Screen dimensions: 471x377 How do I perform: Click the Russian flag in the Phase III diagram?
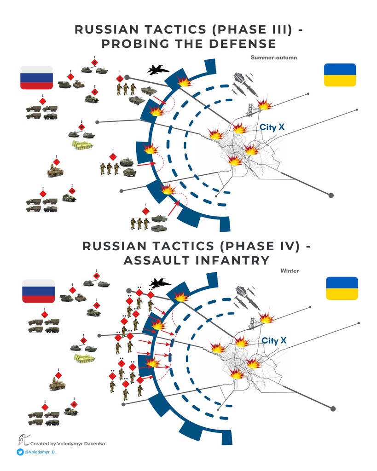coord(36,77)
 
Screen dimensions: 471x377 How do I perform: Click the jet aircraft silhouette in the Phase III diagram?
coord(158,69)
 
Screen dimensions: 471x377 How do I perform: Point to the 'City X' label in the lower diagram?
coord(274,341)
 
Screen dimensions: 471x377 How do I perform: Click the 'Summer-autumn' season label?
coord(274,57)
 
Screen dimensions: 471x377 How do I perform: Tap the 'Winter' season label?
coord(290,270)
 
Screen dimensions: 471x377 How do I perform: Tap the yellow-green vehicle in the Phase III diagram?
coord(82,145)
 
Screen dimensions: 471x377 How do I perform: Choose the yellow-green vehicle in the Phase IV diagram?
coord(84,358)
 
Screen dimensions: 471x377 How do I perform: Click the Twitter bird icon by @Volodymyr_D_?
coord(20,452)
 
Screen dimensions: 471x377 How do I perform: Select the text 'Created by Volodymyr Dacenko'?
coord(67,443)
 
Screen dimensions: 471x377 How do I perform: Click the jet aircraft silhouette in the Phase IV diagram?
coord(160,283)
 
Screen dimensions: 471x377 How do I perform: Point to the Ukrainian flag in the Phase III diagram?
coord(340,75)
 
